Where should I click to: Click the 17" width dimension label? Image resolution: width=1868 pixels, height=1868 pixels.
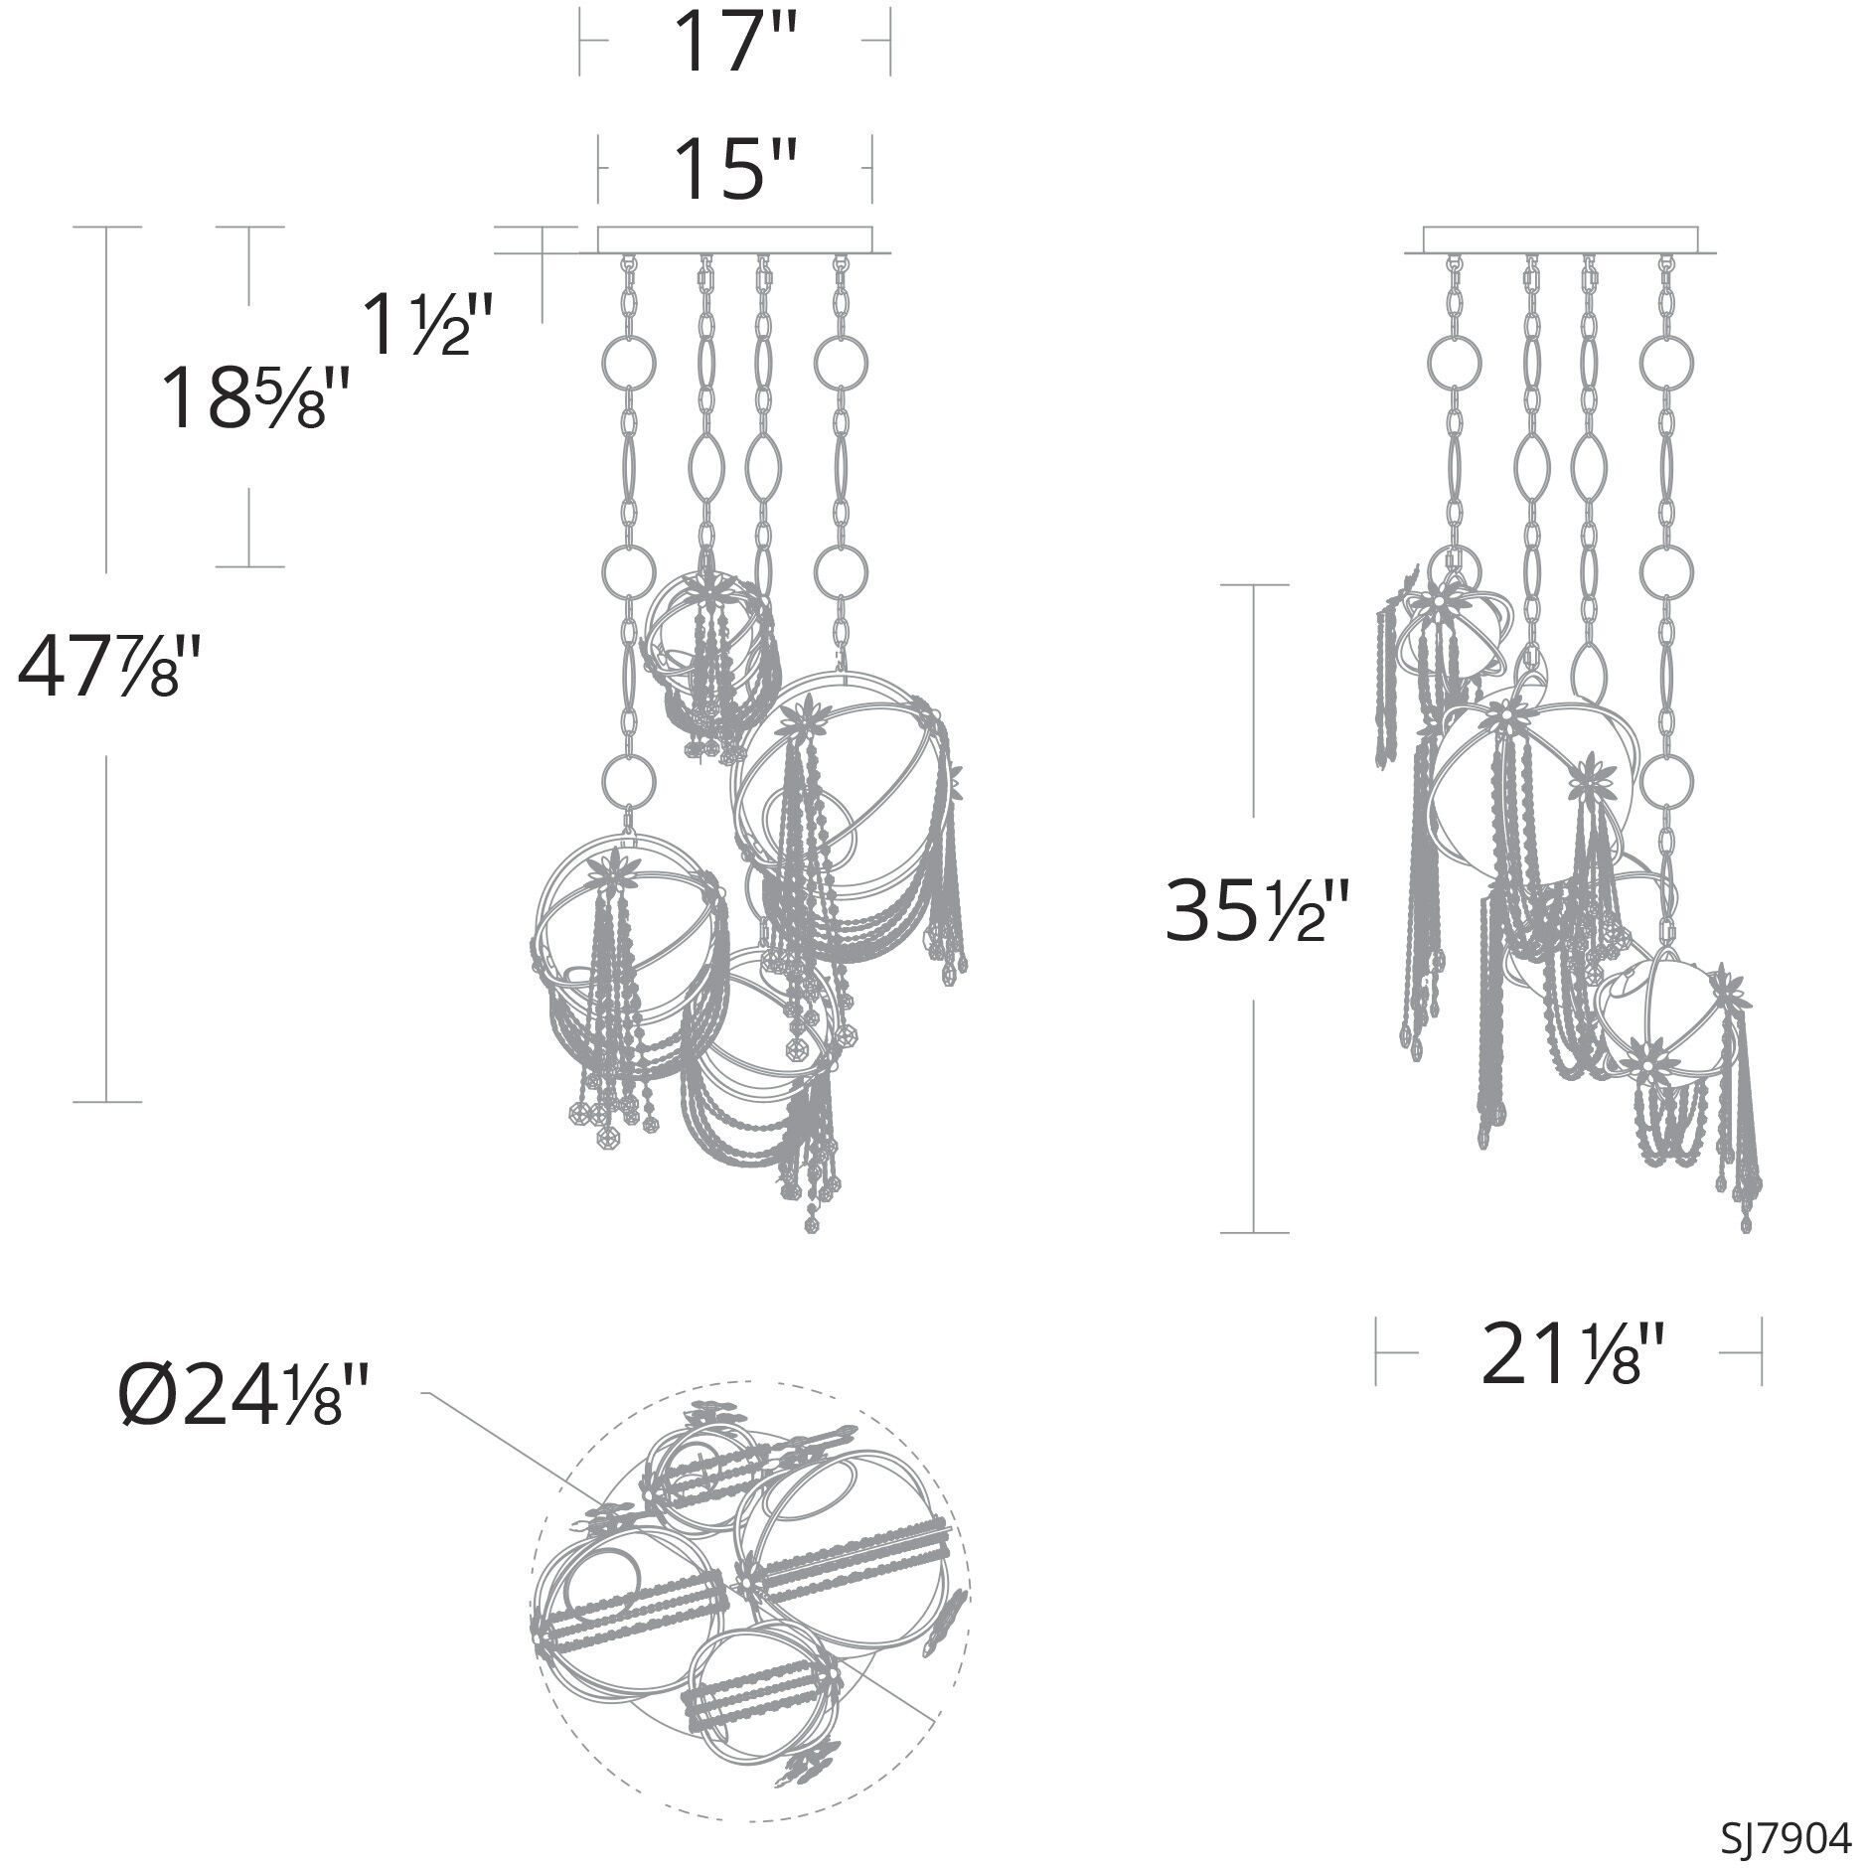pos(735,42)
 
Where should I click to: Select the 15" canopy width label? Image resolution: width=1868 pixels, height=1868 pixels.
pos(735,169)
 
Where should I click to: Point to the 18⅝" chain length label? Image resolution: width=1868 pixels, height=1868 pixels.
pos(256,397)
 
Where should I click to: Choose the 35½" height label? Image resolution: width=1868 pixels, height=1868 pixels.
pos(1256,910)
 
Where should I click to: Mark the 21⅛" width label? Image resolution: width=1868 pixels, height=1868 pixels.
pos(1570,1352)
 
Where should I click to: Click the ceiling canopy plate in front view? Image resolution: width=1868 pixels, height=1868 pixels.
pos(735,240)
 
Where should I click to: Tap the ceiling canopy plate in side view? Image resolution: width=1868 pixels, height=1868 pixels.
pos(1561,240)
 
